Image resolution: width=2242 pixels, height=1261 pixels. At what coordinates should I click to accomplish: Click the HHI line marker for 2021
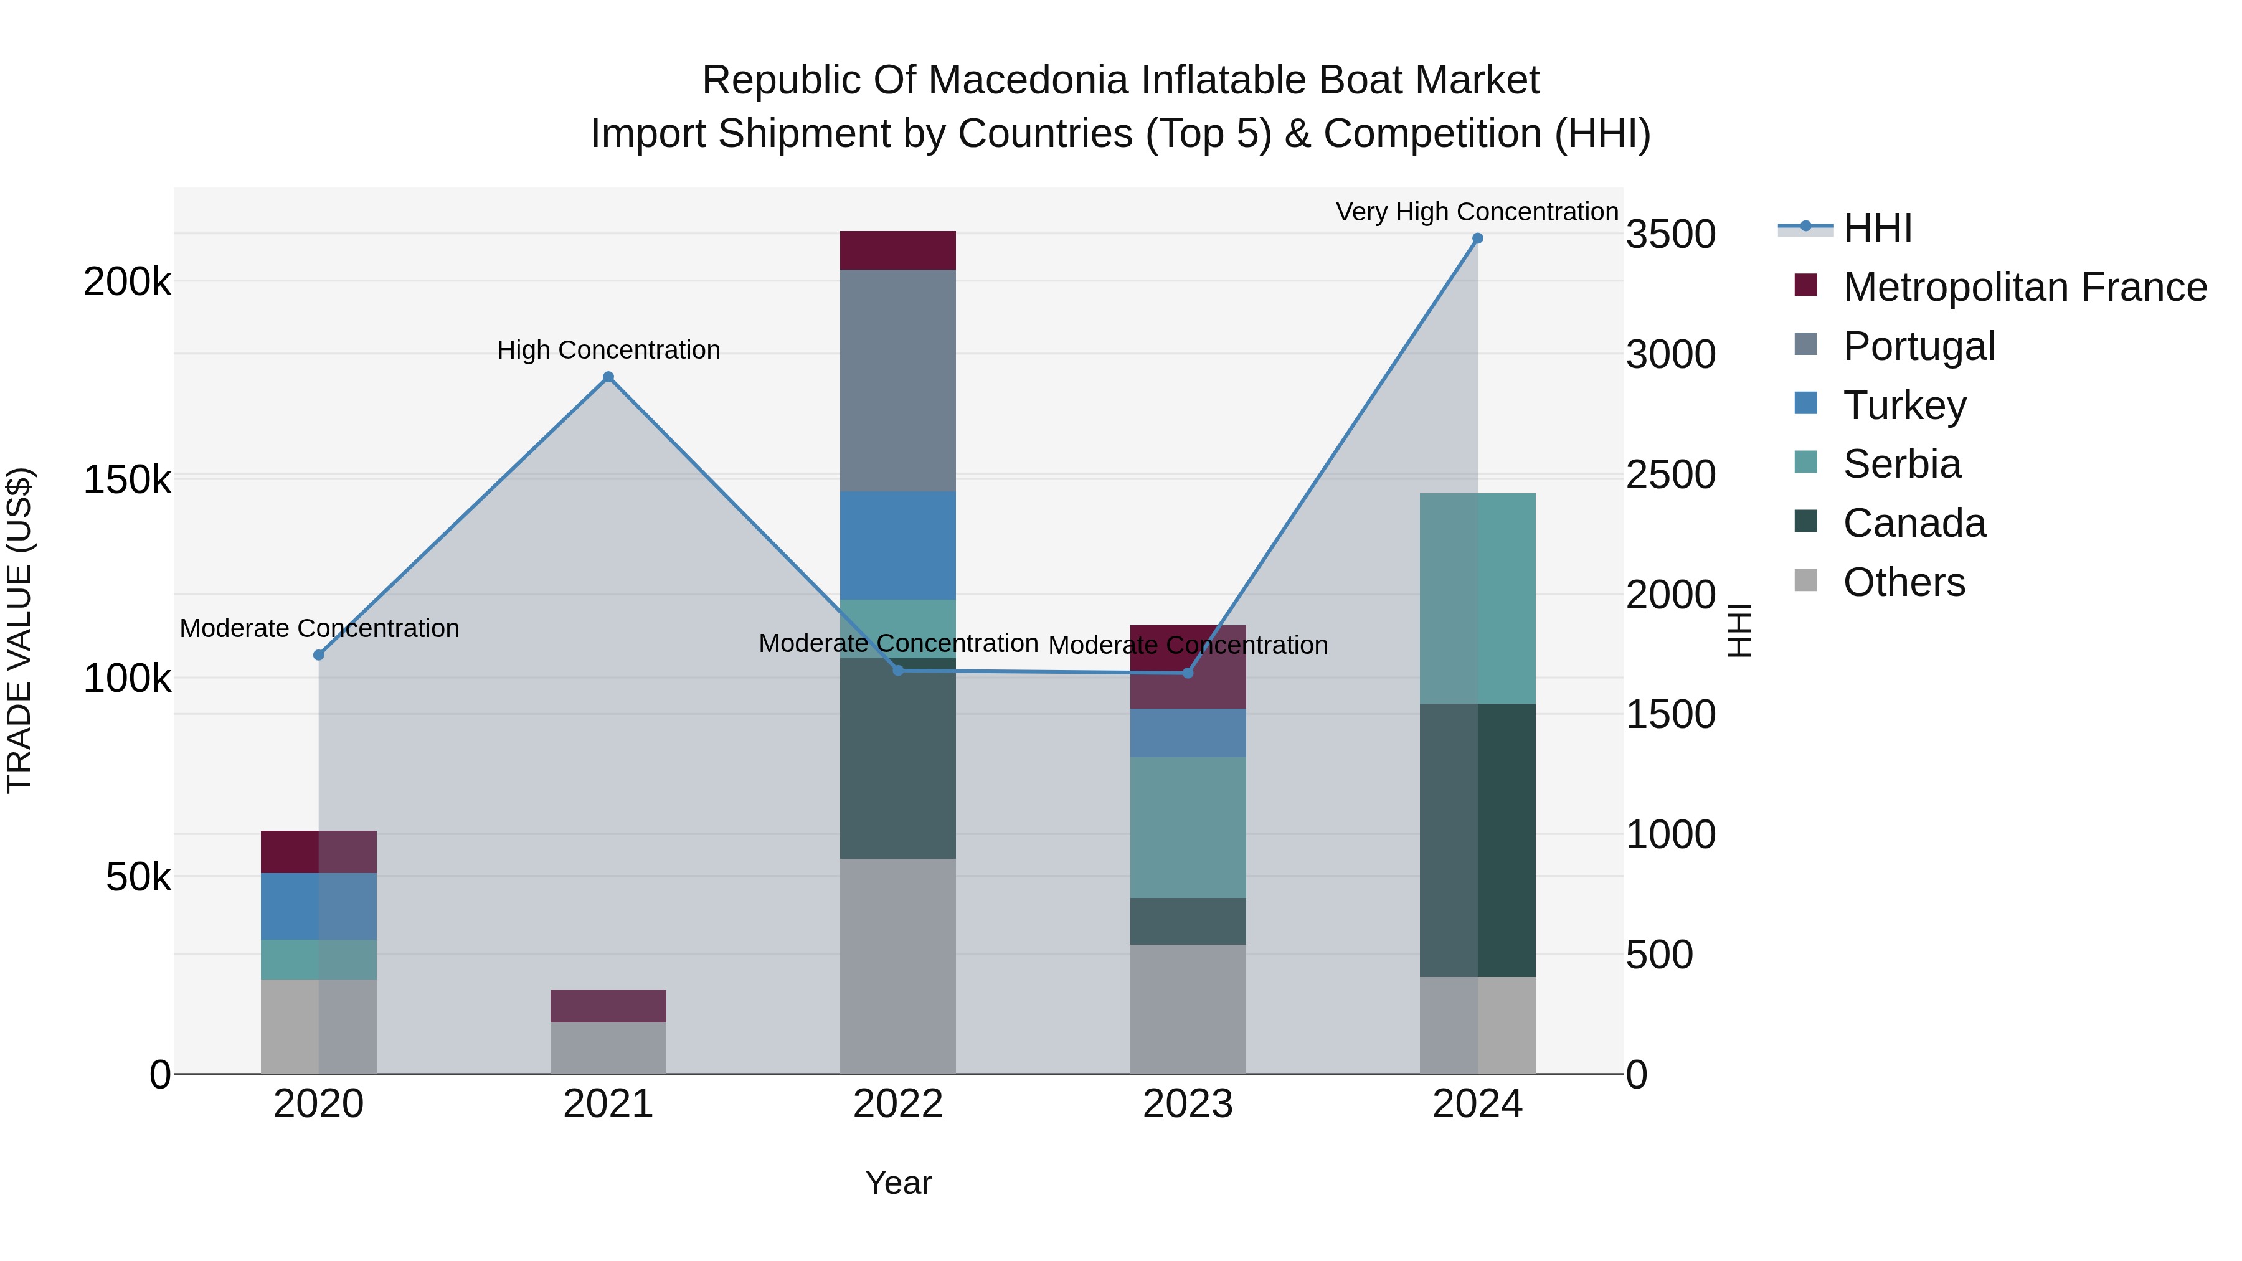coord(608,377)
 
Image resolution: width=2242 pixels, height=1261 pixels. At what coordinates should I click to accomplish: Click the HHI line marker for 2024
coord(1477,239)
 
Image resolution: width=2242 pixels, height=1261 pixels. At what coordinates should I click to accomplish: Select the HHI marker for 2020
coord(318,654)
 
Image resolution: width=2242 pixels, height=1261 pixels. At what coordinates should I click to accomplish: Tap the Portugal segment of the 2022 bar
coord(897,380)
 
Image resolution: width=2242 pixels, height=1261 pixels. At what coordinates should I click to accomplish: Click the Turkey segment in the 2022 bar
coord(897,545)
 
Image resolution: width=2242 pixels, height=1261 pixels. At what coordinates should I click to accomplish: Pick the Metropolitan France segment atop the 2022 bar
coord(897,250)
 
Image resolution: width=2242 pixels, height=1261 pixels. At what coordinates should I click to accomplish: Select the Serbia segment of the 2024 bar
coord(1477,598)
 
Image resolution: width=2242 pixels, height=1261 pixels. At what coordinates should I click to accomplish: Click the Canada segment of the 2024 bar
coord(1477,840)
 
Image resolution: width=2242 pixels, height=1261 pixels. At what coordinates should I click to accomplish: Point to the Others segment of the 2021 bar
coord(608,1048)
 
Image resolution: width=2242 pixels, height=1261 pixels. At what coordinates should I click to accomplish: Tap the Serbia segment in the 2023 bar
coord(1187,827)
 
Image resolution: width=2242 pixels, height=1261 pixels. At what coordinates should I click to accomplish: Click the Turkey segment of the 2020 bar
coord(318,906)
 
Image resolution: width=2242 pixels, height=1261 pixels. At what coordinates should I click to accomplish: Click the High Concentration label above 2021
coord(608,350)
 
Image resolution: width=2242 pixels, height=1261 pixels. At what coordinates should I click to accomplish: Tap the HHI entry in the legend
coord(1877,228)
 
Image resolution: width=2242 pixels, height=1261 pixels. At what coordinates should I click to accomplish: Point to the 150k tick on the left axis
coord(127,479)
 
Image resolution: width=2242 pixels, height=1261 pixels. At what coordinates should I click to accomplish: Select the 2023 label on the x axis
coord(1187,1104)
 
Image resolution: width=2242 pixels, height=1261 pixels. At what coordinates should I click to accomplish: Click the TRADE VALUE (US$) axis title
coord(19,630)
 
